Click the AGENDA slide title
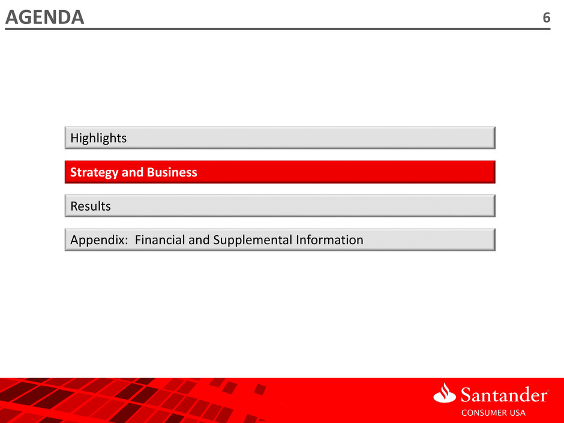(44, 17)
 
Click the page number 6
(546, 17)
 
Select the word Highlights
(98, 138)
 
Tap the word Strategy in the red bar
(94, 173)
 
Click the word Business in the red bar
(172, 172)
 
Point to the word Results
(91, 206)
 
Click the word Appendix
(97, 240)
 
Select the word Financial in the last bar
(160, 239)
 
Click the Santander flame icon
(445, 392)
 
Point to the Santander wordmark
(504, 395)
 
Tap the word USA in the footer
(518, 413)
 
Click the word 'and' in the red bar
(133, 172)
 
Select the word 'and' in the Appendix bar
(199, 239)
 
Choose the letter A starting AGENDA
(12, 17)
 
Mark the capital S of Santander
(466, 395)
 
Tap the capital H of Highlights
(74, 138)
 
